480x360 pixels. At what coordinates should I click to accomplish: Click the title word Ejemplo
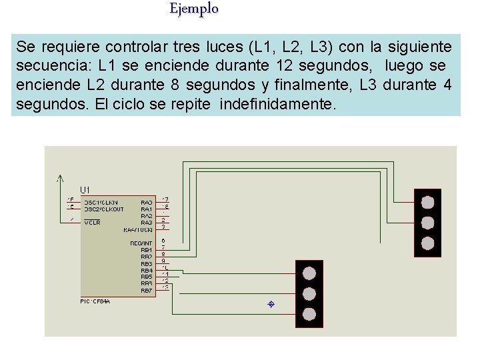pyautogui.click(x=193, y=9)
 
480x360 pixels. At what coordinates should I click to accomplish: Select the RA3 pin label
pyautogui.click(x=146, y=223)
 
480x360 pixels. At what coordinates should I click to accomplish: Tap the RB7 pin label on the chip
pyautogui.click(x=146, y=291)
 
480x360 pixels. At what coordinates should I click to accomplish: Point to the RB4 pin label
pyautogui.click(x=146, y=270)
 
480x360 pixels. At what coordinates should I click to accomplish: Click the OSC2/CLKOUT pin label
pyautogui.click(x=103, y=209)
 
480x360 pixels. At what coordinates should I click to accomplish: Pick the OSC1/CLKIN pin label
pyautogui.click(x=101, y=202)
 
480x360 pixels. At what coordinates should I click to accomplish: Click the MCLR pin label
pyautogui.click(x=92, y=223)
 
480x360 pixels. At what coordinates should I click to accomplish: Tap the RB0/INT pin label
pyautogui.click(x=141, y=243)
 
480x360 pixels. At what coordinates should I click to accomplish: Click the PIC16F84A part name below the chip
pyautogui.click(x=95, y=301)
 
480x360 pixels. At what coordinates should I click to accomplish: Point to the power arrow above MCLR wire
pyautogui.click(x=60, y=178)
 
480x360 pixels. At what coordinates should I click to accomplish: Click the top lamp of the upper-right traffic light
pyautogui.click(x=427, y=202)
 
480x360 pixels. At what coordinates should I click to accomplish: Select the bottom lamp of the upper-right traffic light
pyautogui.click(x=427, y=242)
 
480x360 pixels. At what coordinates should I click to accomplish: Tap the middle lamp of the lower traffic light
pyautogui.click(x=309, y=293)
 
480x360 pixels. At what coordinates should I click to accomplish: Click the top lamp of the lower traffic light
pyautogui.click(x=309, y=273)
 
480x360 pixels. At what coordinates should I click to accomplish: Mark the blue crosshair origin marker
pyautogui.click(x=271, y=305)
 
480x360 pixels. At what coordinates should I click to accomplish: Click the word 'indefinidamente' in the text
pyautogui.click(x=279, y=105)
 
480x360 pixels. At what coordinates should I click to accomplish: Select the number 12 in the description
pyautogui.click(x=303, y=67)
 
